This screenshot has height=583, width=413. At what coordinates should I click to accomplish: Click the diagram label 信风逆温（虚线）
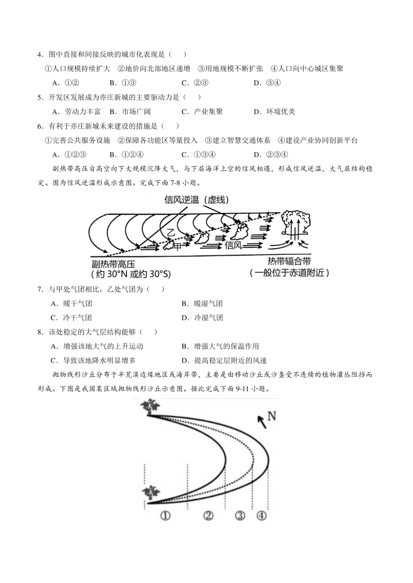click(197, 199)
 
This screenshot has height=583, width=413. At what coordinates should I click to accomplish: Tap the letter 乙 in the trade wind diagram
click(171, 233)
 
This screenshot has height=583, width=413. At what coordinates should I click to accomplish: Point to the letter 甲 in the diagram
click(177, 247)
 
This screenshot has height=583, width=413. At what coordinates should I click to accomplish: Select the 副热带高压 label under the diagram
click(113, 264)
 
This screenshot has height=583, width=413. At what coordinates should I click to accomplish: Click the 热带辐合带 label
click(289, 261)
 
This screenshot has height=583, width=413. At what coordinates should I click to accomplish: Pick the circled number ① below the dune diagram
click(165, 515)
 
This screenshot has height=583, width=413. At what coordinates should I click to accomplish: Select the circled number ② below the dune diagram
click(209, 515)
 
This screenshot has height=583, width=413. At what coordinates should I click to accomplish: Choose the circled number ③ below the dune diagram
click(240, 515)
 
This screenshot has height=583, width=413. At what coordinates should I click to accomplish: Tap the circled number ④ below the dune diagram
click(261, 515)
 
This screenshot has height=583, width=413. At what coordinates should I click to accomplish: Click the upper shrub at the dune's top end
click(150, 407)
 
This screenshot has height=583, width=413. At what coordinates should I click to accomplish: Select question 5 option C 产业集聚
click(202, 112)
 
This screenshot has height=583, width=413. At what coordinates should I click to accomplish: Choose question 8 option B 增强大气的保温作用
click(220, 346)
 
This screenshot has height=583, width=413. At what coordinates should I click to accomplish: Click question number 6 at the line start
click(40, 126)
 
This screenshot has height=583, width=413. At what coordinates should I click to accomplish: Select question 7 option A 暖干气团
click(72, 303)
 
